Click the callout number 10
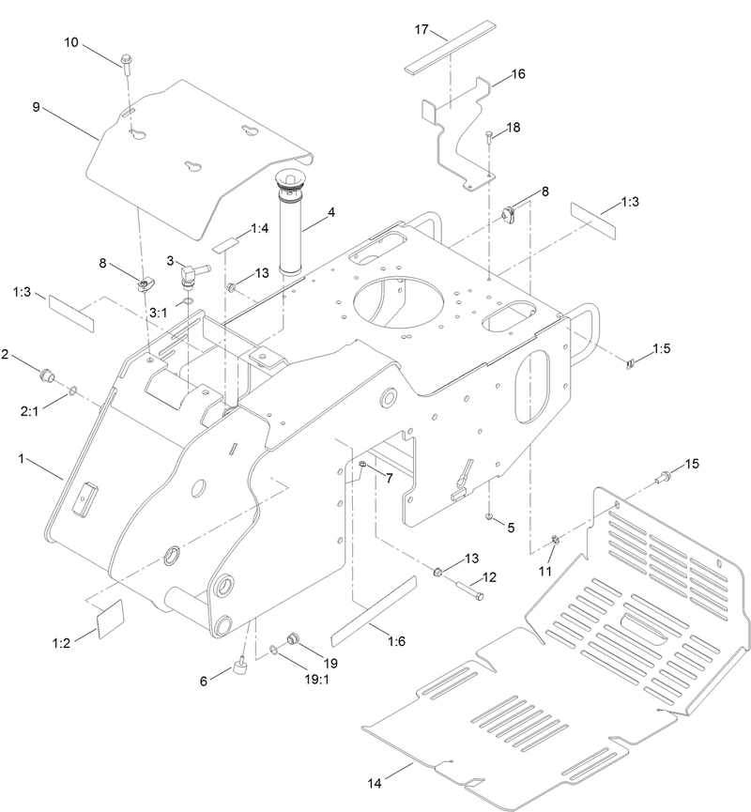72,43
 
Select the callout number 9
36,108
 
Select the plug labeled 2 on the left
43,377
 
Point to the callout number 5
511,528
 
